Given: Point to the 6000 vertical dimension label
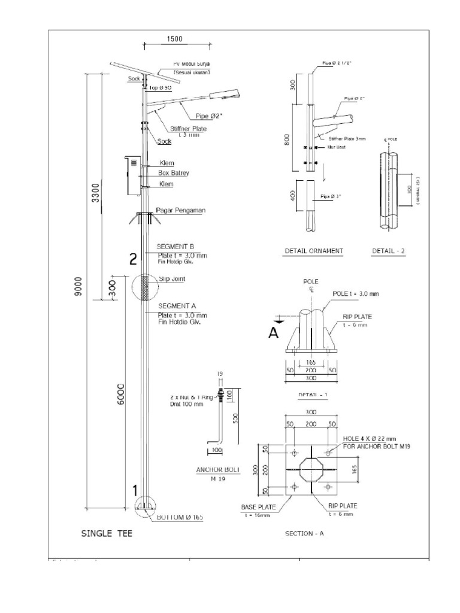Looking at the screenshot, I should point(120,395).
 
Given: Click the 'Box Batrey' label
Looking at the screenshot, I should point(173,173).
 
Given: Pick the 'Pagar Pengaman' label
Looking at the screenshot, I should point(181,210).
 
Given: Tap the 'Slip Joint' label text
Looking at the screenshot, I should point(173,279).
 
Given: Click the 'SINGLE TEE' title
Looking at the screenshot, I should point(107,533).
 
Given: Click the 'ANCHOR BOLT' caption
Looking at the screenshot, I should point(217,470).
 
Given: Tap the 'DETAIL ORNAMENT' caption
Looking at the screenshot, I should point(314,251).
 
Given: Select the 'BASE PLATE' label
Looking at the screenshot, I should point(257,506).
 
